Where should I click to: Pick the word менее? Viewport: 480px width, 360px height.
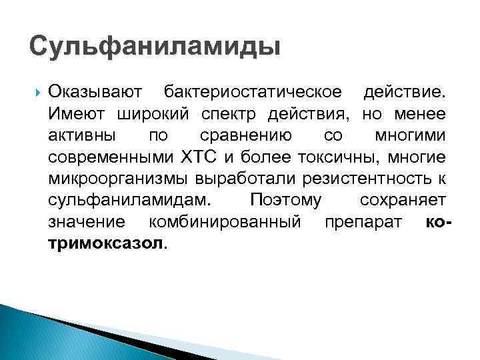[423, 113]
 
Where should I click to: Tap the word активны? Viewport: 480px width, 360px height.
[81, 135]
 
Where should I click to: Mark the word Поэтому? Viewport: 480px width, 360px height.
[285, 201]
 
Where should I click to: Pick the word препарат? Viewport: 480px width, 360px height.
[363, 223]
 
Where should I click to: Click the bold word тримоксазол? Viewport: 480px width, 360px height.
[105, 245]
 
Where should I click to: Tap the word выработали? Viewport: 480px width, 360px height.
[245, 179]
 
